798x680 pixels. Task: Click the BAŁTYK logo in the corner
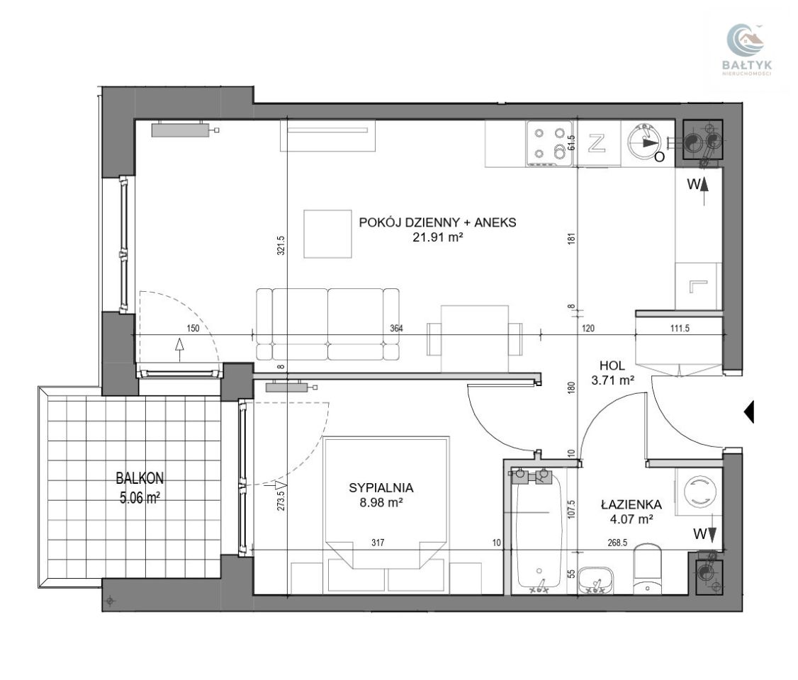(x=746, y=50)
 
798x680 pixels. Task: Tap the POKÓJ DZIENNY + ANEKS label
(x=438, y=222)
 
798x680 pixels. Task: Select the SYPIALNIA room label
(x=381, y=488)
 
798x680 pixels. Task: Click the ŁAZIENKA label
(x=631, y=504)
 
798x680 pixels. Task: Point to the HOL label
(x=612, y=365)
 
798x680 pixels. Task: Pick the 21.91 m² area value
(x=438, y=237)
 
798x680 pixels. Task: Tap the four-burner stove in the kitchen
(x=549, y=143)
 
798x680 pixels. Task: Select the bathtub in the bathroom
(x=539, y=531)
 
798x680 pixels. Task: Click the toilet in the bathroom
(x=648, y=569)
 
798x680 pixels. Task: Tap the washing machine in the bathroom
(x=698, y=492)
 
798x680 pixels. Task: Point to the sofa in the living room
(x=327, y=324)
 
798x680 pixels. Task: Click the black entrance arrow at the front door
(x=749, y=412)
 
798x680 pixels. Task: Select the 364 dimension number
(x=396, y=329)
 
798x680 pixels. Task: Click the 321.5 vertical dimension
(x=281, y=245)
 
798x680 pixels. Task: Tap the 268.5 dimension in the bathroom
(x=617, y=543)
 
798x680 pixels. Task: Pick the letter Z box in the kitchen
(x=597, y=143)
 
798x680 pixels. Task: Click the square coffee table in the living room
(x=327, y=234)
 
